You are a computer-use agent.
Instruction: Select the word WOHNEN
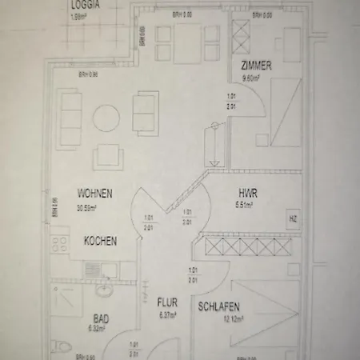[x=94, y=194]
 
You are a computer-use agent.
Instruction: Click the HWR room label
[x=247, y=193]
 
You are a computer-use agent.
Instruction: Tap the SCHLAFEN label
[x=220, y=306]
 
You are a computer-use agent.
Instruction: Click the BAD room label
[x=101, y=318]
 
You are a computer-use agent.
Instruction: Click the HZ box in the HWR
[x=292, y=218]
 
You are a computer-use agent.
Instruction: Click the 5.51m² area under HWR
[x=244, y=205]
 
